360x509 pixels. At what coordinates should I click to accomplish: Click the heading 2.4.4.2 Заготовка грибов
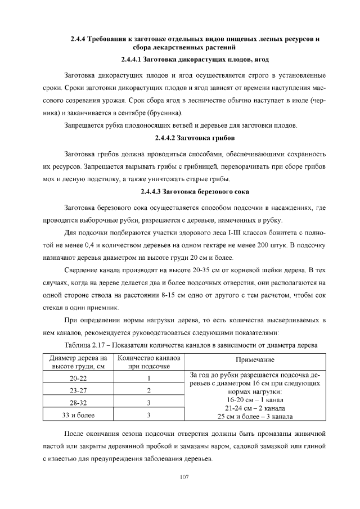pos(195,138)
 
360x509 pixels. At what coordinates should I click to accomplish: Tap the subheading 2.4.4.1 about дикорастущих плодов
pos(195,59)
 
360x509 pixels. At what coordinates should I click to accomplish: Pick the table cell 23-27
pos(78,391)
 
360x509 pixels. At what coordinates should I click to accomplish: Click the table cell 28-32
pos(78,403)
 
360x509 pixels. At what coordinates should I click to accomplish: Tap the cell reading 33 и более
pos(78,416)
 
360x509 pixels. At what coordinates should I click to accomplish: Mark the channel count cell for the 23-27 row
pos(148,391)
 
